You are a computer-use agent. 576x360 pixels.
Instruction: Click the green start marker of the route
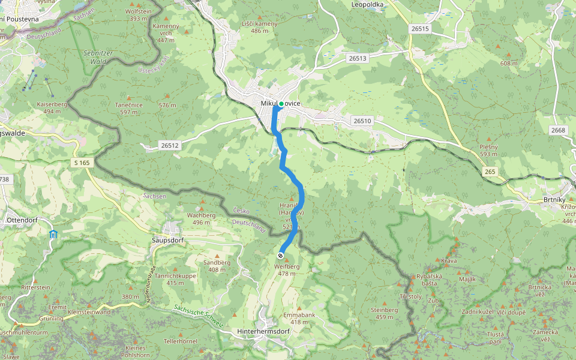(x=281, y=104)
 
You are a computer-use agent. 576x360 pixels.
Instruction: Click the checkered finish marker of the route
(x=281, y=256)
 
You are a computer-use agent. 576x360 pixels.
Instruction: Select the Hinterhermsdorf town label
(x=263, y=331)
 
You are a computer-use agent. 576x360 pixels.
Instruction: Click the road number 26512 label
(x=170, y=145)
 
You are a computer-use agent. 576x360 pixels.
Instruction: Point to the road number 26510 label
(x=362, y=121)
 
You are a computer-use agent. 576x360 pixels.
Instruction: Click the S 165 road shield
(x=82, y=163)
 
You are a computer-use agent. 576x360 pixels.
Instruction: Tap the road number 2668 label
(x=558, y=130)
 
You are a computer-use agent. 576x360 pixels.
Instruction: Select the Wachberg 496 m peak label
(x=201, y=218)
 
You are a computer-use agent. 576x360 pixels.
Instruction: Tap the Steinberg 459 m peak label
(x=385, y=313)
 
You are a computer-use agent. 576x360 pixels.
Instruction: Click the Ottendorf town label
(x=22, y=220)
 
